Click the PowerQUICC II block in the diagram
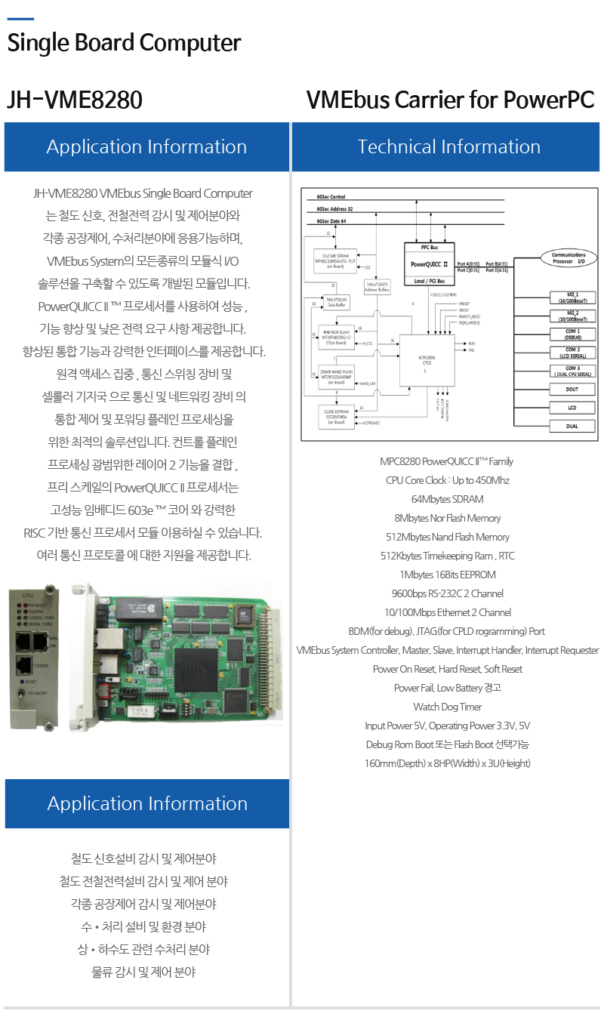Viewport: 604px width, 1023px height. coord(429,264)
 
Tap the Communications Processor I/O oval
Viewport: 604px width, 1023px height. coord(569,258)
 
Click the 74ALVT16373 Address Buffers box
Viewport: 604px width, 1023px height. coord(377,285)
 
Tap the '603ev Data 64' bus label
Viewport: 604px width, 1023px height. coord(332,220)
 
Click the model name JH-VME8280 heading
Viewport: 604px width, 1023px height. coord(74,100)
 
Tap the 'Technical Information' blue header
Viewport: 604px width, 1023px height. coord(448,146)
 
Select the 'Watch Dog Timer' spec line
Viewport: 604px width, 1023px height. coord(448,707)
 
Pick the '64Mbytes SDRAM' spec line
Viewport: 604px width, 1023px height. coord(448,499)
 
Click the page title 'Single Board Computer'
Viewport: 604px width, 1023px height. coord(124,43)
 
